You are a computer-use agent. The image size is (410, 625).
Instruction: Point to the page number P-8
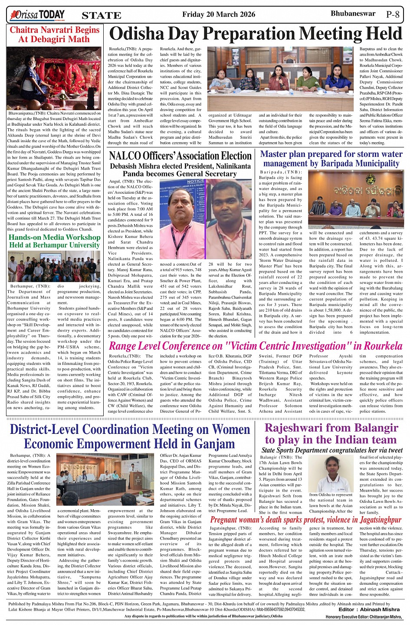coord(392,14)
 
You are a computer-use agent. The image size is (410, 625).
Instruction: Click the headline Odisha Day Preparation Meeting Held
coord(256,34)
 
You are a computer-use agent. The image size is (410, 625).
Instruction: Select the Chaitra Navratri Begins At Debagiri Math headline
coord(55,35)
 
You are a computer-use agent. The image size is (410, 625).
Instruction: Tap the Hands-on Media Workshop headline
coord(55,241)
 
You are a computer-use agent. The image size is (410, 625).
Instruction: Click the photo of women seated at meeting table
coord(280,78)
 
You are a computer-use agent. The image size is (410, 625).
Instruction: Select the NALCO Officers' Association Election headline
coord(180,156)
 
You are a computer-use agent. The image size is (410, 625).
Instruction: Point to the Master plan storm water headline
coord(331,159)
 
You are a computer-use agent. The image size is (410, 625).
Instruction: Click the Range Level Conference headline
coord(256,346)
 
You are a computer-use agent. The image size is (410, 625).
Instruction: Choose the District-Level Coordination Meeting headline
coord(129,436)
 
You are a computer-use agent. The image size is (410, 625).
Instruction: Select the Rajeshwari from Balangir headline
coord(331,434)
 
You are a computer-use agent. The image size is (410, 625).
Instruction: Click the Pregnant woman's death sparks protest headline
coord(306,520)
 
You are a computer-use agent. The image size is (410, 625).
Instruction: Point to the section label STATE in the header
coord(101,15)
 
